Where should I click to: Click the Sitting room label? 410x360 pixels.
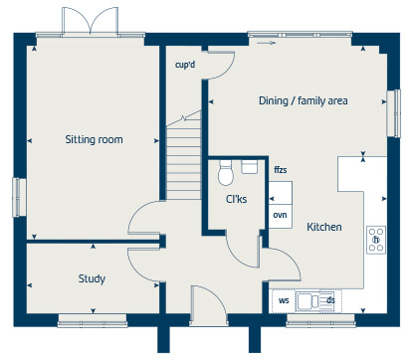click(94, 139)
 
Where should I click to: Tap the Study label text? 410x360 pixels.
click(92, 278)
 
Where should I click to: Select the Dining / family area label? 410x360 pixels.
click(304, 100)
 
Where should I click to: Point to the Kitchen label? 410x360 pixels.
click(324, 227)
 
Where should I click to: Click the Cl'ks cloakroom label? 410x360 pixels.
click(236, 199)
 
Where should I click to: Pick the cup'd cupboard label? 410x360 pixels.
click(185, 65)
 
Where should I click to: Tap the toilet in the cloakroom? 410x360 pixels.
click(226, 173)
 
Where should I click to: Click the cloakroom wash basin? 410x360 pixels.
click(250, 167)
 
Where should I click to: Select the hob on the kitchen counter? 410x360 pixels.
click(376, 240)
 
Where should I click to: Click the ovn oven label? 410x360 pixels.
click(280, 215)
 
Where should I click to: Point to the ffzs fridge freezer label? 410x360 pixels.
click(281, 170)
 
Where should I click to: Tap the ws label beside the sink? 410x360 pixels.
click(284, 300)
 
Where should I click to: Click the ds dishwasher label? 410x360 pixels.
click(330, 300)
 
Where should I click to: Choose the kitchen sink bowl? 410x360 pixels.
click(305, 301)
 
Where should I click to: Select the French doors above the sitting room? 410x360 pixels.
click(90, 21)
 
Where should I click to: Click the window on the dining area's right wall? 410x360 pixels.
click(394, 113)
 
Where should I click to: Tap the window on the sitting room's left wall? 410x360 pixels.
click(19, 197)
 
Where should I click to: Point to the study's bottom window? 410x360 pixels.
click(93, 321)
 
